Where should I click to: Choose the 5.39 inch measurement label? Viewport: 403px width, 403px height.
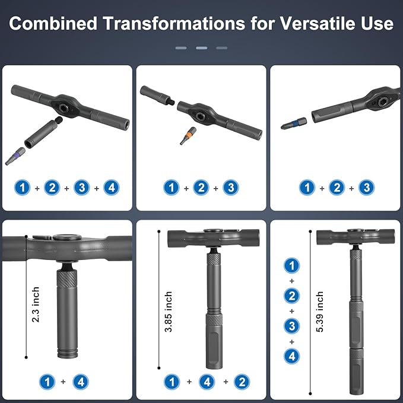click(320, 312)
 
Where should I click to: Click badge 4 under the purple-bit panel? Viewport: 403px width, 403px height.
click(111, 188)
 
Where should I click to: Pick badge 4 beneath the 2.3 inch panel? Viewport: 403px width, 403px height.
click(81, 382)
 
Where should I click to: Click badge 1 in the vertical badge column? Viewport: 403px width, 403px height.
click(291, 265)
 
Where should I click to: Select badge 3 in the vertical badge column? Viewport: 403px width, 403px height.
click(291, 326)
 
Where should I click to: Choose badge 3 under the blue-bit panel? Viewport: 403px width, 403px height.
click(367, 188)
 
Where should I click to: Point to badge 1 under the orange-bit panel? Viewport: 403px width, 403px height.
click(172, 188)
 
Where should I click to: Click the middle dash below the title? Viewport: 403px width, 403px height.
click(201, 47)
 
